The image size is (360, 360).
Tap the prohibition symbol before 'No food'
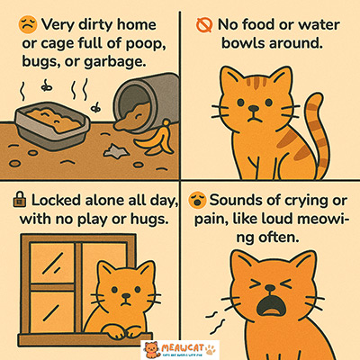201,20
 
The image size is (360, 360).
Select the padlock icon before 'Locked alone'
18,197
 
